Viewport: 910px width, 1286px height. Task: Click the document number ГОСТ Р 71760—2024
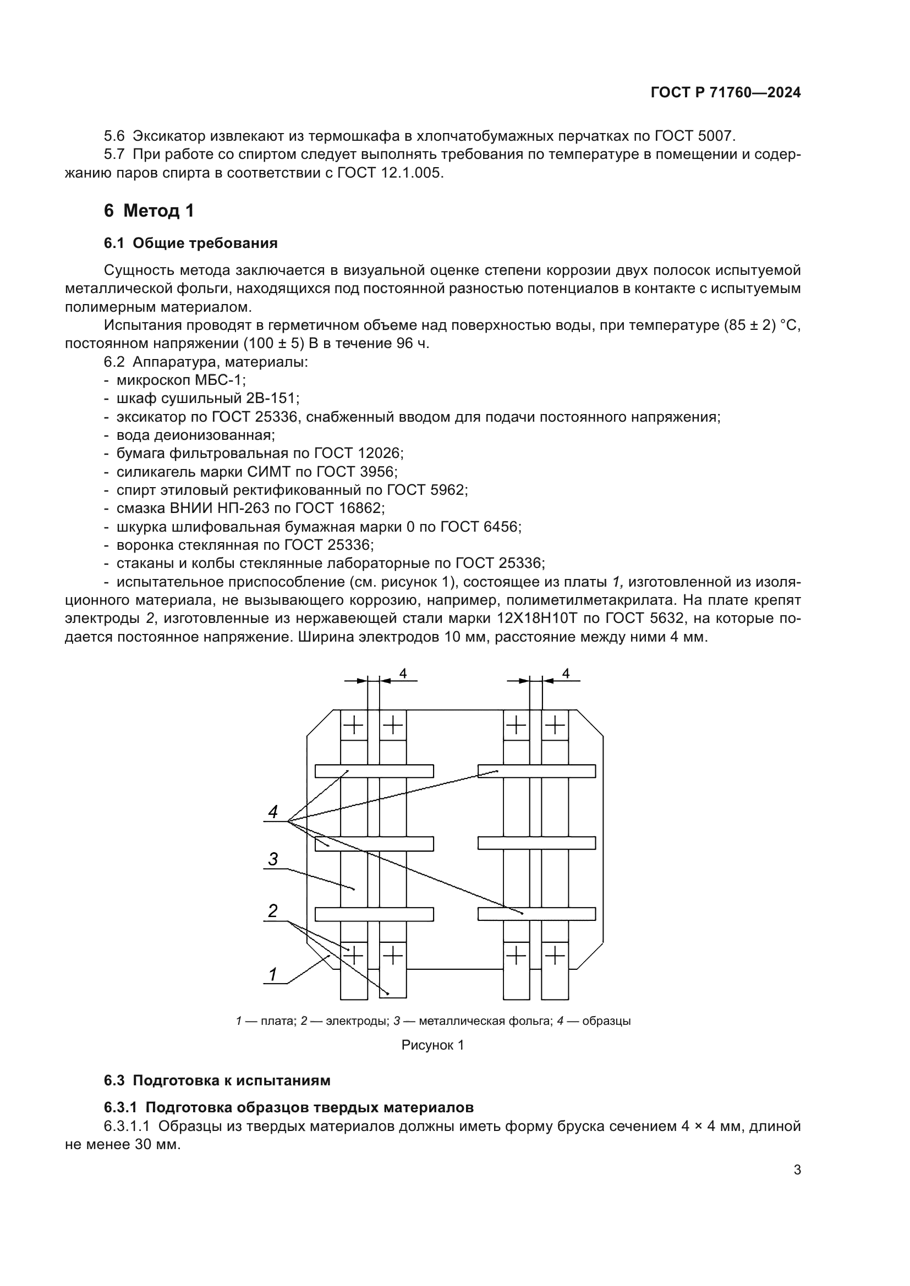click(726, 92)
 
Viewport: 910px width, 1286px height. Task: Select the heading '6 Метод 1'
click(149, 211)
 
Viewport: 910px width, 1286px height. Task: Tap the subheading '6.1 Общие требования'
click(190, 243)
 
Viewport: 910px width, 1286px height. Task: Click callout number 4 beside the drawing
click(273, 812)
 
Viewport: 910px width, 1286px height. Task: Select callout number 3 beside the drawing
click(273, 859)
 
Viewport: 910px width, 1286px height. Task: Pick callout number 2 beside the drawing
click(273, 911)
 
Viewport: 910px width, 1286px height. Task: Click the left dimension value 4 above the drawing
click(403, 674)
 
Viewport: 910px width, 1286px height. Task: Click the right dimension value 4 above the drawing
click(566, 674)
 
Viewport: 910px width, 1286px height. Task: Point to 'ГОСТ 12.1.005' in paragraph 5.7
click(390, 173)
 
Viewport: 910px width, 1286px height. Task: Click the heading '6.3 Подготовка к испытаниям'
click(217, 1080)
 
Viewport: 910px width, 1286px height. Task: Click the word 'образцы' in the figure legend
click(606, 1020)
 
